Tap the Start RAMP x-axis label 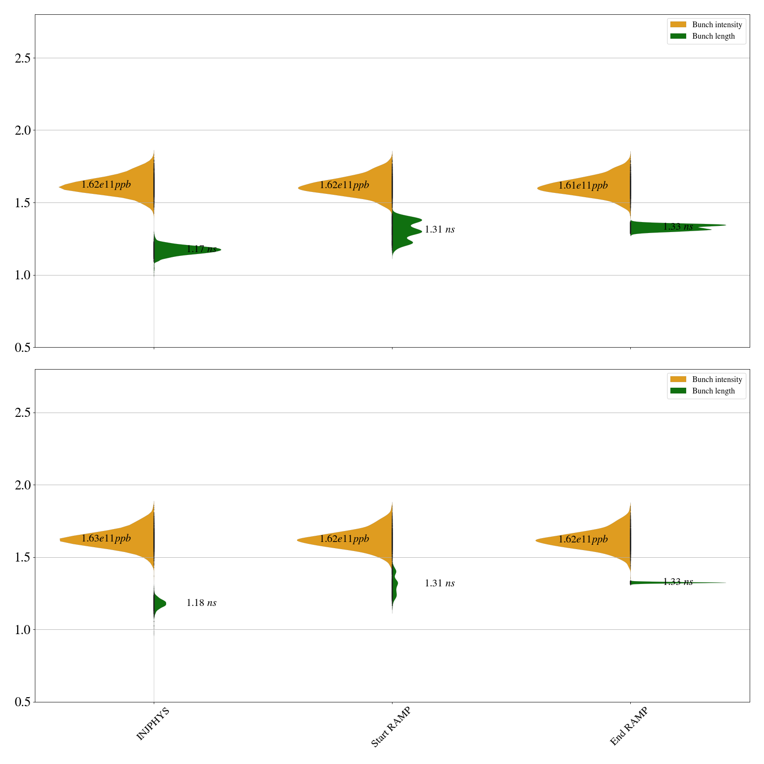391,727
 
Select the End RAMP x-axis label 629,726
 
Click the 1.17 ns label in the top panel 201,249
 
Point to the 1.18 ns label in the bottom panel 201,603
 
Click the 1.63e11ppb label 106,538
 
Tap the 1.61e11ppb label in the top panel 583,185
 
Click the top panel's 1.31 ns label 439,229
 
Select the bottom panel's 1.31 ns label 439,583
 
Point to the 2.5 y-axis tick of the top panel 22,58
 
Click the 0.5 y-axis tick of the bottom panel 22,702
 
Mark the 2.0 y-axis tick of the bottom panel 22,485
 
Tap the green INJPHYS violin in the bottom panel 159,604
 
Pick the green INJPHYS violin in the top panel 181,250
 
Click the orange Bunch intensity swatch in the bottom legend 678,379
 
